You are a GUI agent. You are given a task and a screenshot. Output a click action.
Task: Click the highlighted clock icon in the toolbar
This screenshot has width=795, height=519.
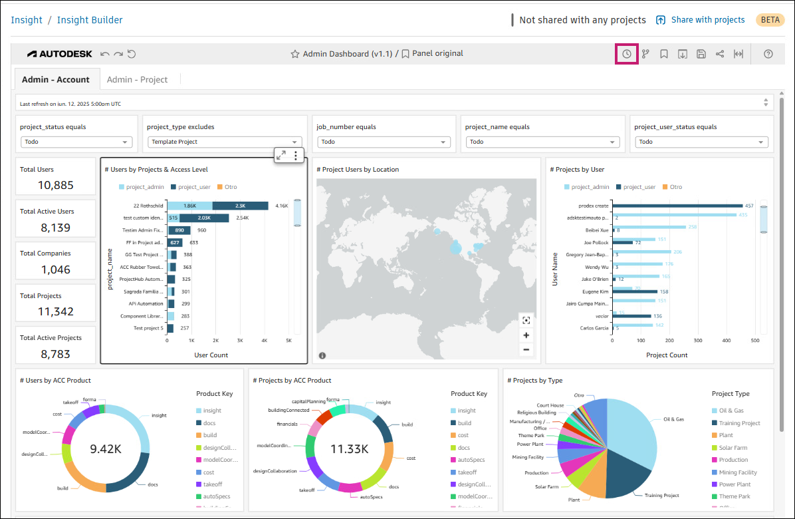pyautogui.click(x=627, y=54)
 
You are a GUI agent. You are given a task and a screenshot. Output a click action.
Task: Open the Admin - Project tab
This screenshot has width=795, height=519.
pyautogui.click(x=137, y=79)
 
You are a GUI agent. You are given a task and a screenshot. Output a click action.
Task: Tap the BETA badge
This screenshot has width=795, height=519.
pyautogui.click(x=770, y=20)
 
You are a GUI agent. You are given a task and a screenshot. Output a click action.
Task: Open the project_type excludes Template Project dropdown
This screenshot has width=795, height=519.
pyautogui.click(x=224, y=142)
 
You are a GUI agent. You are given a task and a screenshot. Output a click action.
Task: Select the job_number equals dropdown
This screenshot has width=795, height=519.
pyautogui.click(x=384, y=142)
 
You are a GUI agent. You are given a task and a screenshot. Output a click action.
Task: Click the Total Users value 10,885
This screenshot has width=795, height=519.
pyautogui.click(x=56, y=185)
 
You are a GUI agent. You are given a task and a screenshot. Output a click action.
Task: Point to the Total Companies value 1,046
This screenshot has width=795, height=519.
pyautogui.click(x=56, y=269)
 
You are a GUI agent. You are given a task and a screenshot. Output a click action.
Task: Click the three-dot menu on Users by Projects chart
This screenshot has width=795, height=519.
pyautogui.click(x=296, y=155)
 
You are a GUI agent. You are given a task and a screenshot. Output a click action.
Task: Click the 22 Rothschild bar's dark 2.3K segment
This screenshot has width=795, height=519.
pyautogui.click(x=240, y=206)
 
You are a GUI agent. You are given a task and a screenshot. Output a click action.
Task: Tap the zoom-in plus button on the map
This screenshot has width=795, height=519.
pyautogui.click(x=526, y=335)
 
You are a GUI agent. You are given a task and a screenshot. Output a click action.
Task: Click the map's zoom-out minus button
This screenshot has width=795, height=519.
pyautogui.click(x=526, y=350)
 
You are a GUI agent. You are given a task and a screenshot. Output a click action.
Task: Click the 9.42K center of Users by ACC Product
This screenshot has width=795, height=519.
pyautogui.click(x=105, y=448)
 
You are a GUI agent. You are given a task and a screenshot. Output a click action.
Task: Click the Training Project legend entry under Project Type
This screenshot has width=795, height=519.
pyautogui.click(x=739, y=423)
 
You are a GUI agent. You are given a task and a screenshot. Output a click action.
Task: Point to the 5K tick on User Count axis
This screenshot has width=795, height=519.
pyautogui.click(x=288, y=340)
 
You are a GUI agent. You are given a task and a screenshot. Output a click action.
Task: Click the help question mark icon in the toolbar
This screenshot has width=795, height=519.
pyautogui.click(x=768, y=54)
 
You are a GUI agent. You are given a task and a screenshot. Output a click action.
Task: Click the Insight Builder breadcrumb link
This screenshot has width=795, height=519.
pyautogui.click(x=90, y=20)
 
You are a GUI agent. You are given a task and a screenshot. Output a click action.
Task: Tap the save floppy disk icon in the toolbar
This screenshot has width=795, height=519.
pyautogui.click(x=701, y=54)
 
